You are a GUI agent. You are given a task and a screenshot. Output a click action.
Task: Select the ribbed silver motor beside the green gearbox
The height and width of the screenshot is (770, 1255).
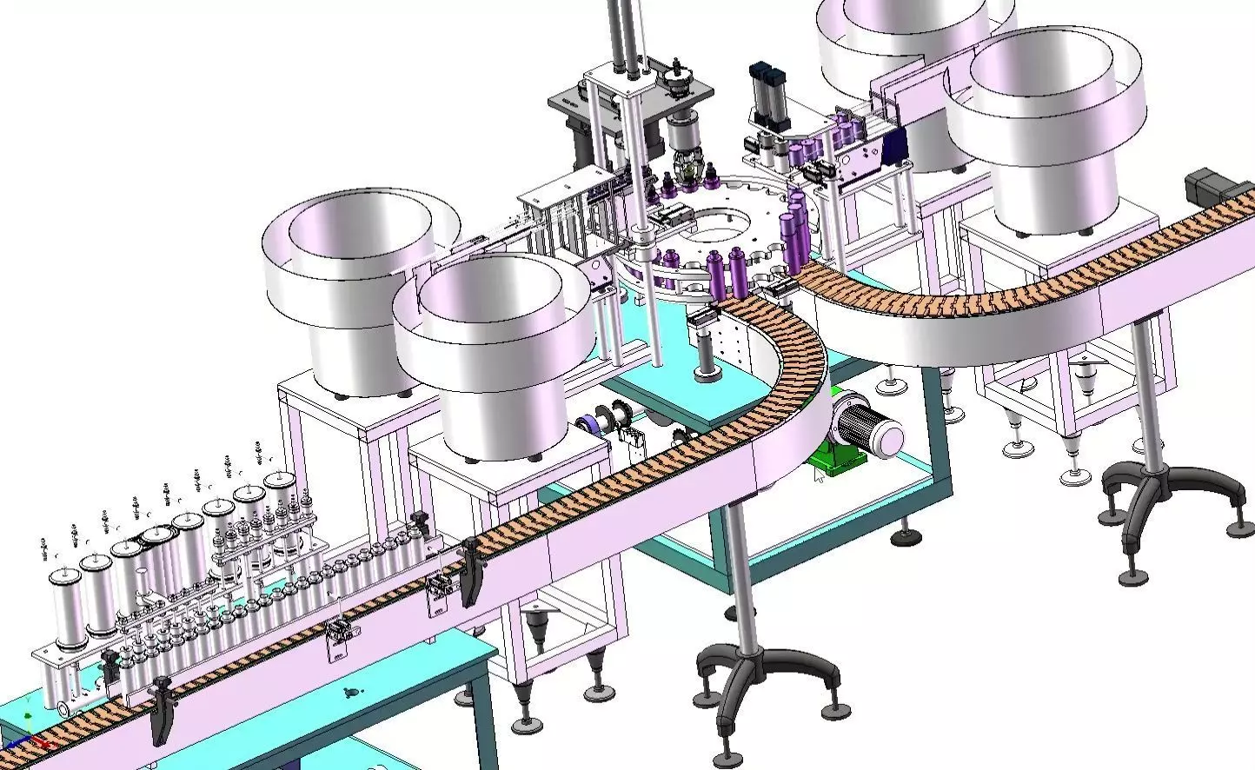click(x=873, y=427)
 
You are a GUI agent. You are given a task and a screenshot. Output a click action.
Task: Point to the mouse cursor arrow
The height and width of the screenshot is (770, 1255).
click(x=820, y=475)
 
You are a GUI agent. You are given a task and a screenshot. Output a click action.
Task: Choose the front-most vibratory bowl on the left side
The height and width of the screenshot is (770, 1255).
click(x=491, y=348)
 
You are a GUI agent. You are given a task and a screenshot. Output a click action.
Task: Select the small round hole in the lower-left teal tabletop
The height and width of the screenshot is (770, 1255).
click(x=350, y=692)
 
